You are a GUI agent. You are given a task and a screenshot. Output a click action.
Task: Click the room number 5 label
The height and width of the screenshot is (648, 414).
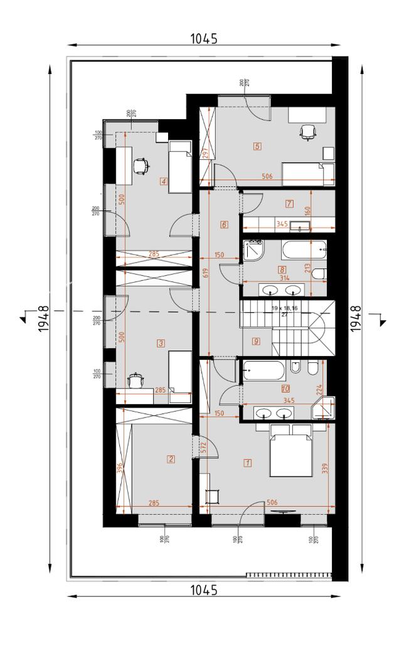pos(257,147)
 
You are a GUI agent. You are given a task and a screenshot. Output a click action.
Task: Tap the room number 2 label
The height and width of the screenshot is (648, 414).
pos(171,459)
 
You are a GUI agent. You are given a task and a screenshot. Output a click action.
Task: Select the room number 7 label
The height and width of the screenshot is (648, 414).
pos(289,203)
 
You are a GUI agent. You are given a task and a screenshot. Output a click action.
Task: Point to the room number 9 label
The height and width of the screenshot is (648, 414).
pos(256,342)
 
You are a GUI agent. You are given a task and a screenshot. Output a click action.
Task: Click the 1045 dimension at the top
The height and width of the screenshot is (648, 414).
pos(204,39)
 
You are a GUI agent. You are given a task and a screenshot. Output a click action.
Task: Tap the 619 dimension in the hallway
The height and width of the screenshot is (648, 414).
pos(204,272)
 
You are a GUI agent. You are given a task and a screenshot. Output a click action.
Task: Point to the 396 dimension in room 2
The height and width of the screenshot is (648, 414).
pos(120,468)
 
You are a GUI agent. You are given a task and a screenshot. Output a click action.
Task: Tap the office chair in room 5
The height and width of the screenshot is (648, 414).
pos(307,132)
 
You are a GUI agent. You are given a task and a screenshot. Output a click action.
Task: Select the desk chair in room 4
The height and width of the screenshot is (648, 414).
pos(141,165)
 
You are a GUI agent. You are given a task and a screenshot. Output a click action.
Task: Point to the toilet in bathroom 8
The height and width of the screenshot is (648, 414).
pos(319,274)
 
